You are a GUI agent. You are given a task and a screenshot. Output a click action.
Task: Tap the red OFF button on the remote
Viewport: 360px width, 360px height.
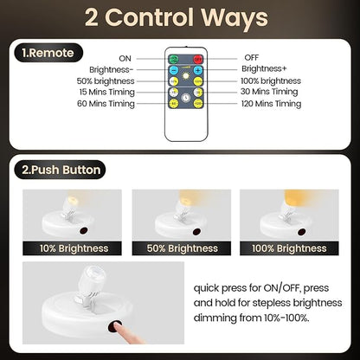(197, 57)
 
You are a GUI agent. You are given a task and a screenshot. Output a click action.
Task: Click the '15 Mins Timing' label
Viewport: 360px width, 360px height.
(119, 92)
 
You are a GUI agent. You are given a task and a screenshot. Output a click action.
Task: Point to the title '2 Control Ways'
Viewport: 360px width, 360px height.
(180, 17)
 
